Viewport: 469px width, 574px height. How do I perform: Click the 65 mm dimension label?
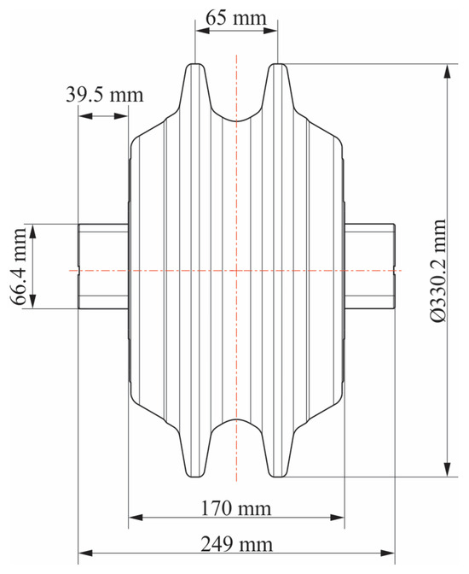click(x=236, y=18)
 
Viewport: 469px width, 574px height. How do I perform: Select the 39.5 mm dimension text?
click(x=105, y=95)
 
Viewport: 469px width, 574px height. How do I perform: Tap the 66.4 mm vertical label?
click(x=18, y=266)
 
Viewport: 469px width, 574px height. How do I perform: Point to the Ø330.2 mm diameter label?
click(x=438, y=270)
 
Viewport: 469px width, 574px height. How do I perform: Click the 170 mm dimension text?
click(x=236, y=508)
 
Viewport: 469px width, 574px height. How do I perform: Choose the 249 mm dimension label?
click(x=236, y=544)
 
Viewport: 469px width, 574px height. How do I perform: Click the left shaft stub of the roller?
click(x=103, y=266)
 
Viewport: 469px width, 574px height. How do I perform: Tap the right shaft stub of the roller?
click(x=369, y=266)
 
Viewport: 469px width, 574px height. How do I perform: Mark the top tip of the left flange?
click(x=195, y=64)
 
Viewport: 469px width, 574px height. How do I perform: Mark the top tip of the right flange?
click(x=278, y=64)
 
